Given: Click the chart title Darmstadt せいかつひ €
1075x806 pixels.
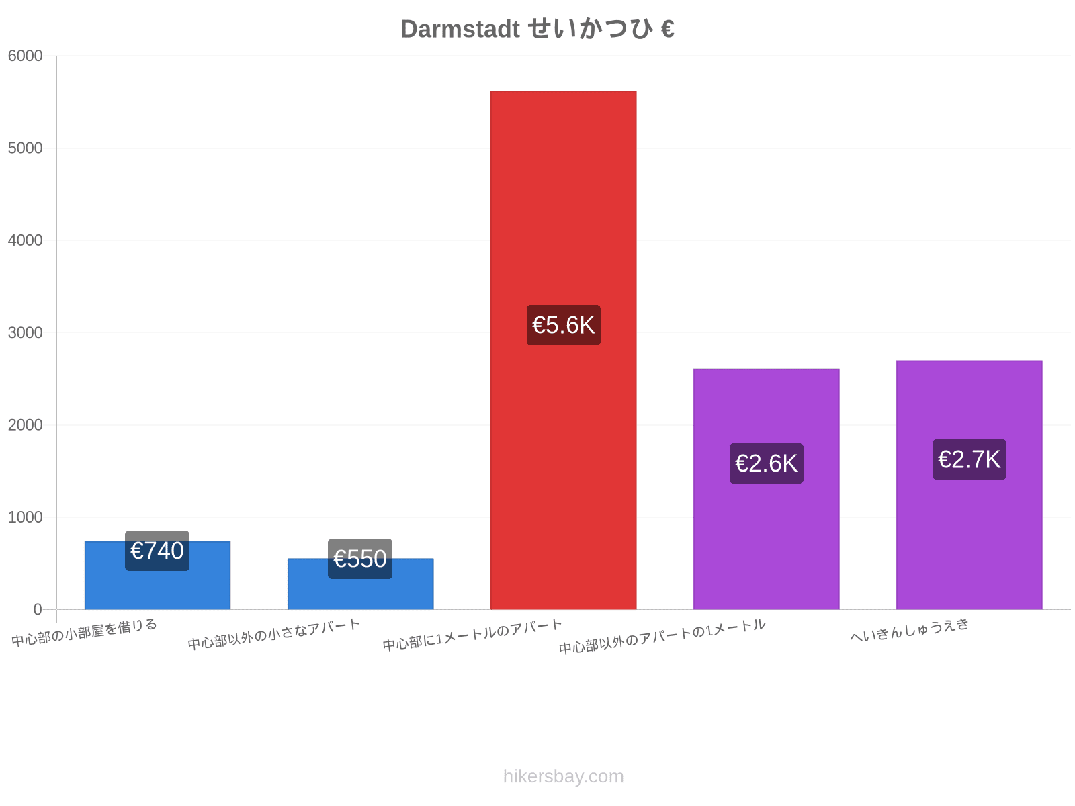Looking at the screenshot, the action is [x=537, y=28].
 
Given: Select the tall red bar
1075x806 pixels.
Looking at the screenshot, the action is [x=563, y=350].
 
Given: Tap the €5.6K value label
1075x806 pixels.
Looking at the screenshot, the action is [x=563, y=325].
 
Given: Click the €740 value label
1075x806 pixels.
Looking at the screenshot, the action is [x=157, y=551].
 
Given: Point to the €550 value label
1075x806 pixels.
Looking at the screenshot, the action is [x=360, y=559].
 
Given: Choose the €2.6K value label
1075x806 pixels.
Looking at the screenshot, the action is [x=767, y=463].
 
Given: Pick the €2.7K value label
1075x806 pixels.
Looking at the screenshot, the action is [x=970, y=459].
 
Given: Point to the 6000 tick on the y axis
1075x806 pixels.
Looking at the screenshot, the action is [x=25, y=56].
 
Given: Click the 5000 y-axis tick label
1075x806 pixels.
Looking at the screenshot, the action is [x=25, y=148].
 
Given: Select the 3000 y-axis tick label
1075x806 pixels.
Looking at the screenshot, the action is [x=25, y=332].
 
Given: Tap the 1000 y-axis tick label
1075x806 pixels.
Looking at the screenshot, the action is [x=25, y=517].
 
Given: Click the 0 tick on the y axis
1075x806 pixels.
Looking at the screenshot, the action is [x=38, y=609].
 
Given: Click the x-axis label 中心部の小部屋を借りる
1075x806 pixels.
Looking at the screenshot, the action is [x=84, y=633].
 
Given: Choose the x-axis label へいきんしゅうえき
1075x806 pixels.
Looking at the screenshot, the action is [x=910, y=630].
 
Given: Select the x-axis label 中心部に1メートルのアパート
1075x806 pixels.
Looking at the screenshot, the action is [x=472, y=635].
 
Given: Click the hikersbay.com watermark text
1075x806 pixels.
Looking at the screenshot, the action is [x=563, y=776].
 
